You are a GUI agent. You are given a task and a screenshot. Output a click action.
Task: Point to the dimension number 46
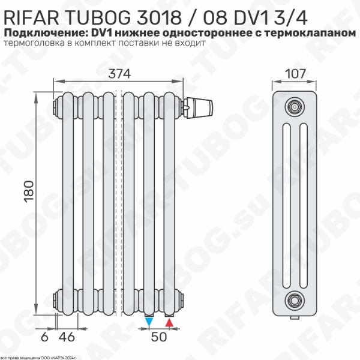click(x=70, y=337)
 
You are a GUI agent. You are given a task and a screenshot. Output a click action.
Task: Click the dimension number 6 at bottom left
click(x=44, y=337)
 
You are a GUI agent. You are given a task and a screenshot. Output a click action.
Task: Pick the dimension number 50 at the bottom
click(x=158, y=337)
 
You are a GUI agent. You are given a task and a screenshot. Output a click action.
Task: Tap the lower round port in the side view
click(x=293, y=298)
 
